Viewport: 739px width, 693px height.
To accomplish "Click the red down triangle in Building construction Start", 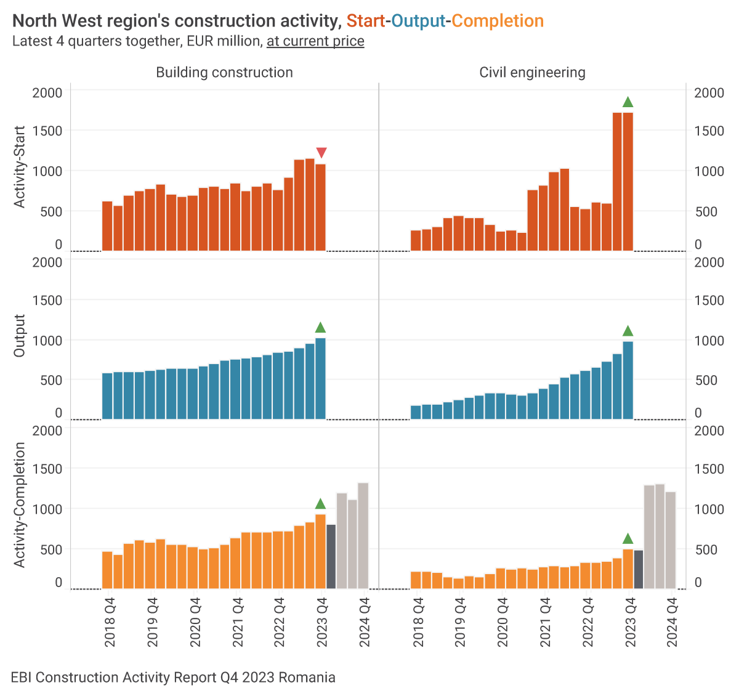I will [321, 153].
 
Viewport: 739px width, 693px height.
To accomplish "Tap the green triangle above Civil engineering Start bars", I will [628, 102].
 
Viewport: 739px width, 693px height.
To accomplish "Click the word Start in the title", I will [366, 21].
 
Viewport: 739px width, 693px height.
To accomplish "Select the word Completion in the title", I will [498, 21].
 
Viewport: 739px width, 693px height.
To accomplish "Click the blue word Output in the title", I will [418, 21].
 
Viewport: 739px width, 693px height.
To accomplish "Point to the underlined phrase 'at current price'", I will [315, 41].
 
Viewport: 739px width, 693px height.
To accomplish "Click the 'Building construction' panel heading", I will [224, 72].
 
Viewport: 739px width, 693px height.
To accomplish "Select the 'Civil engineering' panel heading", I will [532, 72].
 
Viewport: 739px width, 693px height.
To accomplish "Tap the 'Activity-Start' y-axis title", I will [20, 167].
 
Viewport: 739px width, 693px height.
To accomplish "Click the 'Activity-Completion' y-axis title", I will [20, 505].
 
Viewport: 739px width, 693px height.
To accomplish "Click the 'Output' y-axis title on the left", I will [20, 336].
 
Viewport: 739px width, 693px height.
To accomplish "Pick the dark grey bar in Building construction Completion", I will [331, 556].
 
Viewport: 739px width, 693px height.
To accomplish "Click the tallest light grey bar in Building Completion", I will [363, 535].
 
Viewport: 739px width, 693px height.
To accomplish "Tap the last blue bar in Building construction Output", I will [320, 378].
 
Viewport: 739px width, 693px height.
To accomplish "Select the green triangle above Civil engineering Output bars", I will [628, 331].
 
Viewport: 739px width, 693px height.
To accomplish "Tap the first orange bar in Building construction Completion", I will [107, 570].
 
